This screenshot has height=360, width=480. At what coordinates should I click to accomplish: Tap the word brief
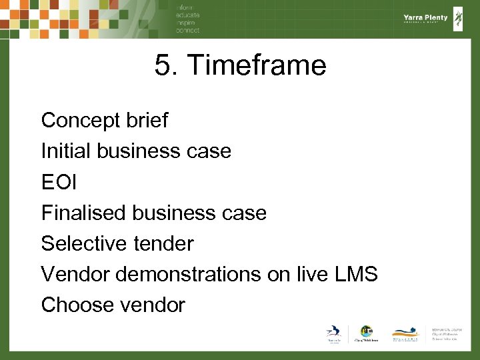point(147,121)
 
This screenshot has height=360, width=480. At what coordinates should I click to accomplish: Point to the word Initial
point(66,151)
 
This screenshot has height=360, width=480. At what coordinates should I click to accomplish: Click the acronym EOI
point(58,182)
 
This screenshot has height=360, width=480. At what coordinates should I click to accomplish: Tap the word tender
point(163,243)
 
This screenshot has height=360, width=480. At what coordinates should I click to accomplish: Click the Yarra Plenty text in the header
point(425,18)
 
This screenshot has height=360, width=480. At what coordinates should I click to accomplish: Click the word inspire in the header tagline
point(187,24)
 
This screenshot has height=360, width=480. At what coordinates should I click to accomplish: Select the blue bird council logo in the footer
point(333,333)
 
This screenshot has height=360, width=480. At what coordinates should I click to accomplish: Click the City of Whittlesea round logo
point(366,332)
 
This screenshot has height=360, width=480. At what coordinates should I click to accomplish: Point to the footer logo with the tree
point(406,333)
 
